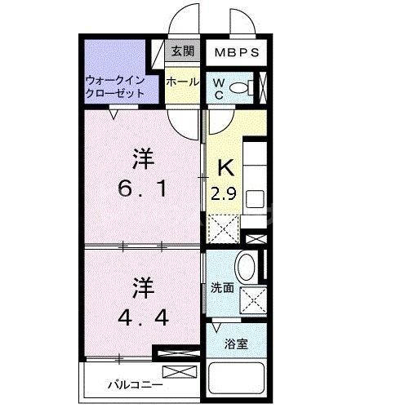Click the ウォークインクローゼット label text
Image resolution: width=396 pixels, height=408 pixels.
116,86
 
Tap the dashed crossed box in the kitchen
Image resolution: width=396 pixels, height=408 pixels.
225,227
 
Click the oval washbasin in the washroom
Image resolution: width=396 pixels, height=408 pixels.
246,267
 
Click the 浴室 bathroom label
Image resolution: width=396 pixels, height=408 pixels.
238,344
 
